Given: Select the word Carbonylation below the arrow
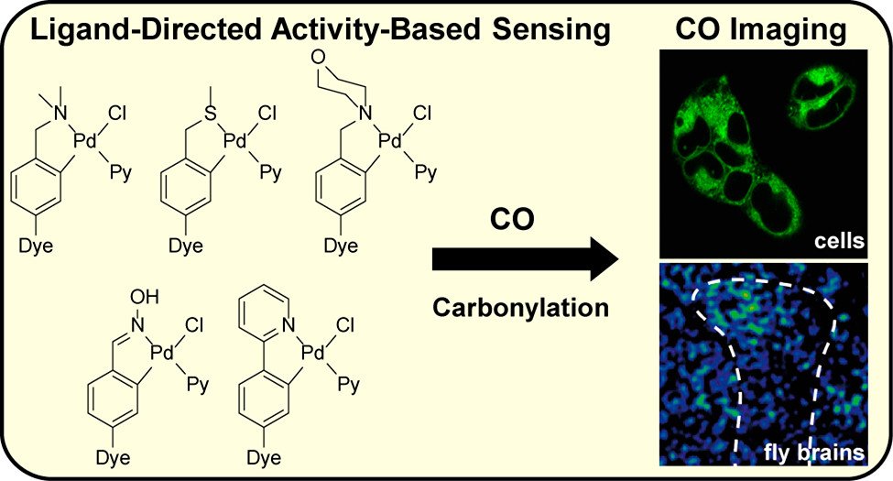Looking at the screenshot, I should click(x=521, y=307).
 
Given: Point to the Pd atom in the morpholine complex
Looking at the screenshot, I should click(x=390, y=142).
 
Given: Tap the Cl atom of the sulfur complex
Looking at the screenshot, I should click(x=266, y=113).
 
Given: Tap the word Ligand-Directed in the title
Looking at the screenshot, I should click(x=134, y=31).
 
